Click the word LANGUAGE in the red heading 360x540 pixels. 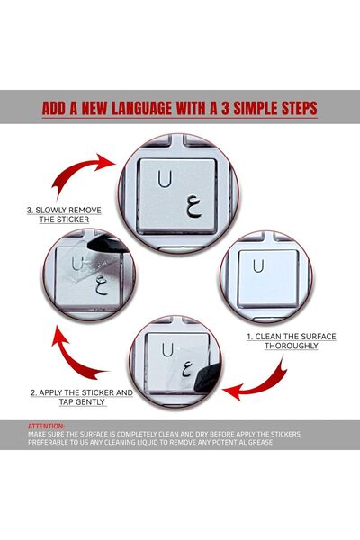pyautogui.click(x=141, y=108)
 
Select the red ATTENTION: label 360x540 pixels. pyautogui.click(x=46, y=426)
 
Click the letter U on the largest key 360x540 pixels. pyautogui.click(x=165, y=179)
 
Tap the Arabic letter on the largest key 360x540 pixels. pyautogui.click(x=193, y=207)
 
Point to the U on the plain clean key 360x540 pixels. pyautogui.click(x=258, y=265)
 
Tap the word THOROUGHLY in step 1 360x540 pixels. pyautogui.click(x=292, y=346)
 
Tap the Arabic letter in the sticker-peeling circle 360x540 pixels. pyautogui.click(x=102, y=286)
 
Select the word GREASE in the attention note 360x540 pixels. pyautogui.click(x=260, y=442)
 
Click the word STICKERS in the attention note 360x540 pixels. pyautogui.click(x=283, y=434)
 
